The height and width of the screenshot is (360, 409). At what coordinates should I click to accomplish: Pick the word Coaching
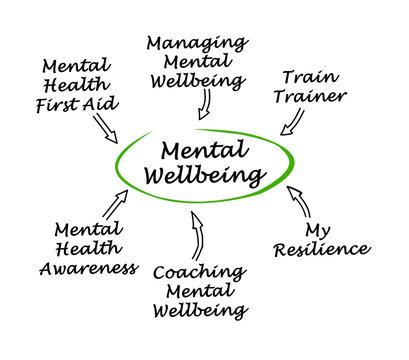tap(201, 271)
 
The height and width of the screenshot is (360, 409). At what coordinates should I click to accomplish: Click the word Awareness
tap(89, 268)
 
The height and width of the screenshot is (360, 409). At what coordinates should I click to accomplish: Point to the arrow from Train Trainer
tap(294, 122)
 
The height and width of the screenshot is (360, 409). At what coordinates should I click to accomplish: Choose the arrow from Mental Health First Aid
tap(105, 127)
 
